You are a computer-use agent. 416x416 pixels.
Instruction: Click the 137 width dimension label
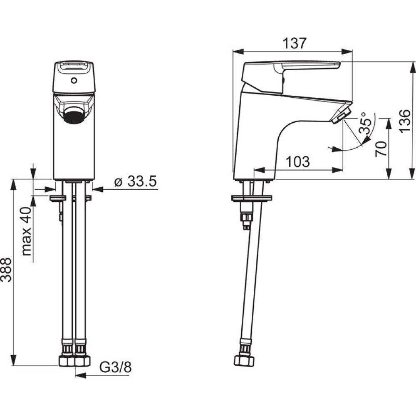(294, 43)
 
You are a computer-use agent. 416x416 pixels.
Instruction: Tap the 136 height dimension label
(405, 121)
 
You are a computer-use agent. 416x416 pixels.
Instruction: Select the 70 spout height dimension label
(381, 149)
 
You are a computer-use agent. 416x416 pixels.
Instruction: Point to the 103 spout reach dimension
(298, 161)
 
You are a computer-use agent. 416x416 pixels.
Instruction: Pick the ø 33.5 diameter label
(135, 181)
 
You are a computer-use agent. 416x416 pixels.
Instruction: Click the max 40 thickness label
(27, 231)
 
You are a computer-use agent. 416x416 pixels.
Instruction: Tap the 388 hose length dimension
(7, 270)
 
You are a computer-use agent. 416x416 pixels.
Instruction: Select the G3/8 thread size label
(115, 368)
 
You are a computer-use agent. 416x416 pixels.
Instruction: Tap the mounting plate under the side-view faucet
(252, 198)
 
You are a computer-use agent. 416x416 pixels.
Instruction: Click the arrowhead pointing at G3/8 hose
(81, 376)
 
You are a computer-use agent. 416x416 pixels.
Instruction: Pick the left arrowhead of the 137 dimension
(238, 52)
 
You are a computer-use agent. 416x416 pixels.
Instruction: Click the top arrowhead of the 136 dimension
(412, 67)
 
